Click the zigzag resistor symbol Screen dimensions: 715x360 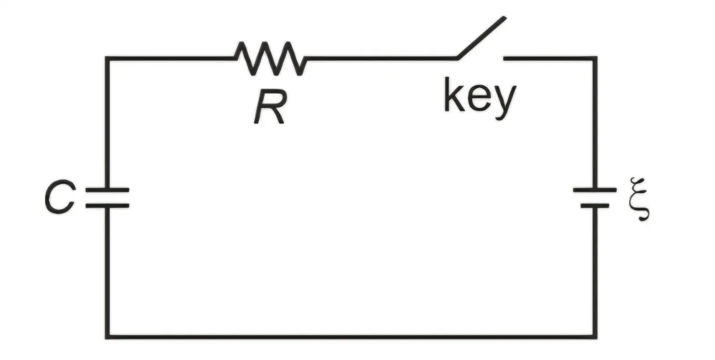[270, 59]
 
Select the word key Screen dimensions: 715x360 [480, 98]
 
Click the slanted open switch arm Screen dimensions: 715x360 [481, 38]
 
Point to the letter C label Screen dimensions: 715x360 [60, 197]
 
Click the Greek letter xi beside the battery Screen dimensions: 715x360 [639, 199]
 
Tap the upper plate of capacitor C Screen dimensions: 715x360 [107, 190]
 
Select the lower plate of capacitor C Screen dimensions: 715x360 [107, 206]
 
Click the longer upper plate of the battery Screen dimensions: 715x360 [595, 190]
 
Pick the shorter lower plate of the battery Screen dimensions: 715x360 [595, 206]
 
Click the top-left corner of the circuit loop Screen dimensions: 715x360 [107, 59]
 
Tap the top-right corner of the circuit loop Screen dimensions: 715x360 [595, 59]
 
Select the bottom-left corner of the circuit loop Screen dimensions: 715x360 [107, 337]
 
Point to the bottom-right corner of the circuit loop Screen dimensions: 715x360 [595, 337]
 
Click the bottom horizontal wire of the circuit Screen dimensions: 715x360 [351, 337]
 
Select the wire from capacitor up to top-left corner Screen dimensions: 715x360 [107, 123]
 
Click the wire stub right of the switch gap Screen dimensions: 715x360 [549, 59]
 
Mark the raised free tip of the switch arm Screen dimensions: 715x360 [505, 18]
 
